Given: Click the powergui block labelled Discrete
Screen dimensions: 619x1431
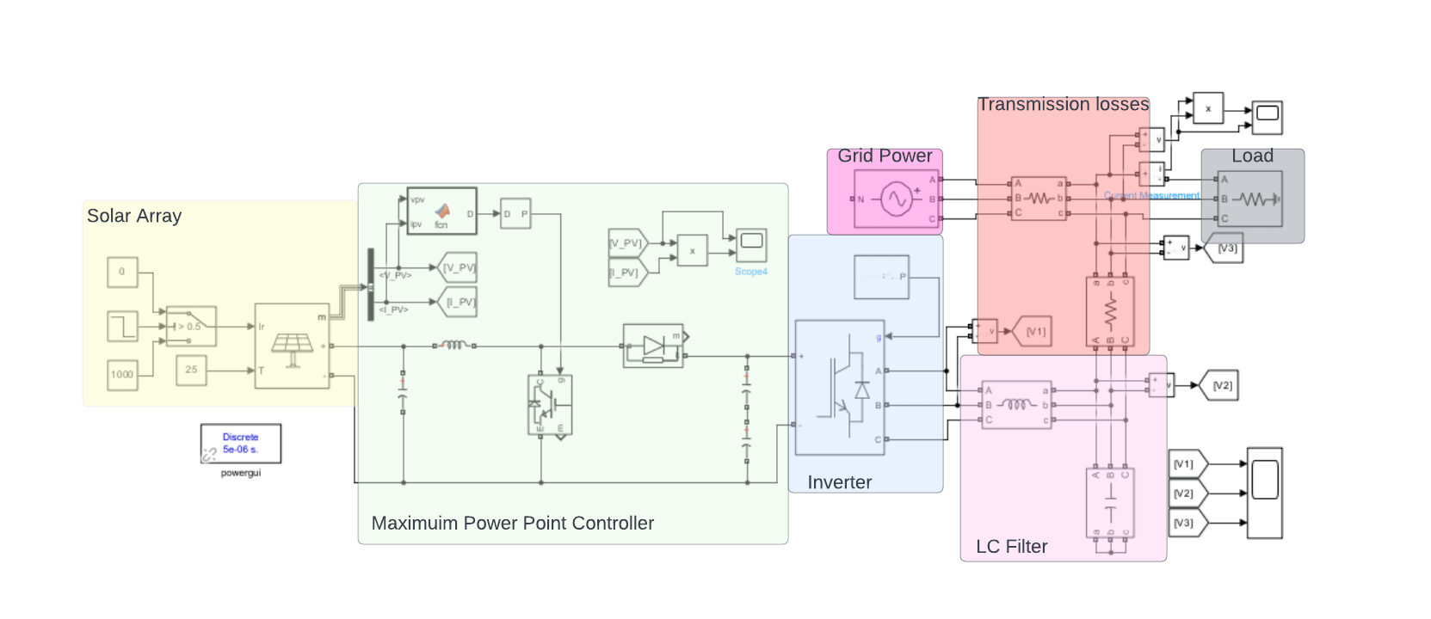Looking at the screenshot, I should point(240,444).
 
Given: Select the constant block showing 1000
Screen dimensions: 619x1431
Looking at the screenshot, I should point(122,374).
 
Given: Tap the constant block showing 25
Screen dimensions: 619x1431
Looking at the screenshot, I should point(191,370).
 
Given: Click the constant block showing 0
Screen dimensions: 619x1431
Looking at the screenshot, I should point(122,272).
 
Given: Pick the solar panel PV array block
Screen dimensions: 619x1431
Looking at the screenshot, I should point(292,346).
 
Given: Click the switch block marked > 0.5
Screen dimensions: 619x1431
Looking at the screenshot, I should point(191,327).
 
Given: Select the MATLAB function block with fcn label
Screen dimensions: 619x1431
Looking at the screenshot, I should point(441,211).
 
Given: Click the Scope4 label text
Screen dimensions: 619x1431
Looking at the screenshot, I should point(750,272).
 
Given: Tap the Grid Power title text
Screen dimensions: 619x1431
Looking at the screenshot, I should point(885,156).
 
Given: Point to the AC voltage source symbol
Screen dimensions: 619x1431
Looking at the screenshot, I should point(896,199).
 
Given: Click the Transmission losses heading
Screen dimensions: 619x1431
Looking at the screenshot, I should point(1063,105).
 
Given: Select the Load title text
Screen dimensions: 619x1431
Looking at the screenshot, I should point(1252,156).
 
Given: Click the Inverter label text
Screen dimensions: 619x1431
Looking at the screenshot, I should point(839,483).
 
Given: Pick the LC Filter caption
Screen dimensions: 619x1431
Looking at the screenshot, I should point(1011,547).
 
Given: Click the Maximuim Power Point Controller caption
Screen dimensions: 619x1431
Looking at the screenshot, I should point(512,524).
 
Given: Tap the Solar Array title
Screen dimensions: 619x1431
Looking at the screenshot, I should point(134,217).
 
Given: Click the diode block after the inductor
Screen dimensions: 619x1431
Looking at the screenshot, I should point(653,346).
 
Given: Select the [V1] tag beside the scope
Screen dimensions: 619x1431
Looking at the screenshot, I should point(1187,464).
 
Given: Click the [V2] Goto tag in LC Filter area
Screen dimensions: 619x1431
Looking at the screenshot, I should point(1222,386).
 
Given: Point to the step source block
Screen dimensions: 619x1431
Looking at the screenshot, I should point(122,327).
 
